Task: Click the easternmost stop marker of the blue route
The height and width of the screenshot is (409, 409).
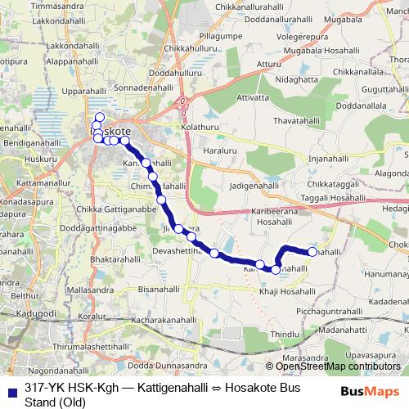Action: click(312, 252)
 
